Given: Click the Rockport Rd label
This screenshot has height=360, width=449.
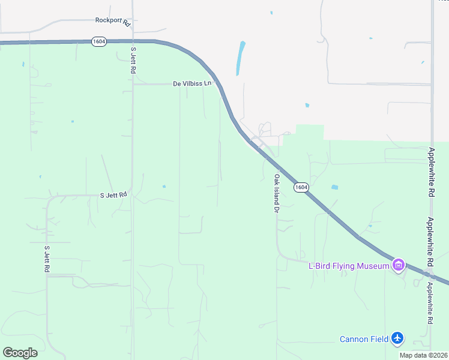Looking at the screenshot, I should [x=113, y=22].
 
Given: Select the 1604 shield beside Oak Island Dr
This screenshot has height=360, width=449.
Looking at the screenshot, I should [x=301, y=187].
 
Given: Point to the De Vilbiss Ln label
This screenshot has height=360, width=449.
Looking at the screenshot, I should [x=193, y=83].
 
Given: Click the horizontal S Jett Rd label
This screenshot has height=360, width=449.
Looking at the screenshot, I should [x=113, y=195].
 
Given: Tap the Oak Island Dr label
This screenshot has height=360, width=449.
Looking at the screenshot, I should [x=277, y=193].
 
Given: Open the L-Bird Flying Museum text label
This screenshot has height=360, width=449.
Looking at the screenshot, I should [x=348, y=266].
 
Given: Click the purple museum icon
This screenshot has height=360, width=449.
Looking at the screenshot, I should [x=397, y=265].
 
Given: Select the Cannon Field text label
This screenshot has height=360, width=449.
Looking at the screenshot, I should [x=364, y=339].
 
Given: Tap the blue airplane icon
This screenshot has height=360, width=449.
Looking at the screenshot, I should [x=397, y=338].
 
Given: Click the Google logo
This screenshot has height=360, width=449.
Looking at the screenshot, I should [x=20, y=353].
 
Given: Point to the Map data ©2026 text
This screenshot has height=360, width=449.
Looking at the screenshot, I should [x=423, y=355].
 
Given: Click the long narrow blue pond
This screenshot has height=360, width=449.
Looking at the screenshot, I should [x=241, y=58].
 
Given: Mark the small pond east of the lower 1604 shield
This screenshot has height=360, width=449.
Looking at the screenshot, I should [x=334, y=187].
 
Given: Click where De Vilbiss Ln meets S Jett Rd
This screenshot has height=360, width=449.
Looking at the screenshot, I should [x=133, y=84].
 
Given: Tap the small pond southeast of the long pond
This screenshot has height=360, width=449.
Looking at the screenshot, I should [x=307, y=106].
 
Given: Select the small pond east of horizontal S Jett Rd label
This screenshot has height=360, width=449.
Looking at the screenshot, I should [x=164, y=187].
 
